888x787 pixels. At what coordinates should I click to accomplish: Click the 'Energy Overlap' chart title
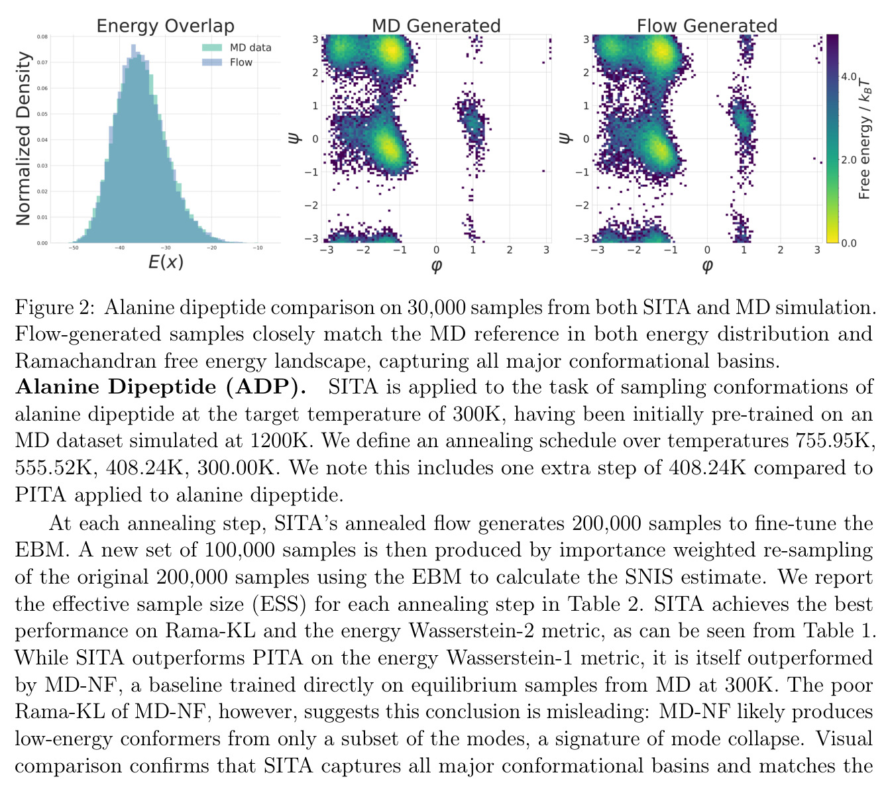(x=165, y=26)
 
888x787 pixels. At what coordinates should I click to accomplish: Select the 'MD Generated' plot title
(x=436, y=26)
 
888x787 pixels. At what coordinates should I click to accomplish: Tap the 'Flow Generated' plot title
(x=707, y=26)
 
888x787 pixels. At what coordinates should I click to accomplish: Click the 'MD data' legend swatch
(x=211, y=47)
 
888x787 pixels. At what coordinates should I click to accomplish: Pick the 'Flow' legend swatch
(x=211, y=62)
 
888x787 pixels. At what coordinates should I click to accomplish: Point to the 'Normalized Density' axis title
(x=23, y=138)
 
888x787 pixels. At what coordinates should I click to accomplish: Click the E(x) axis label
(x=166, y=262)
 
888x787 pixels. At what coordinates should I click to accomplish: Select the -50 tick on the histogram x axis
(x=73, y=248)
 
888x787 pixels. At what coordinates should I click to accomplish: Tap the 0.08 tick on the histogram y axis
(x=42, y=37)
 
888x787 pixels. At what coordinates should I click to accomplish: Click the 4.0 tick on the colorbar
(x=848, y=77)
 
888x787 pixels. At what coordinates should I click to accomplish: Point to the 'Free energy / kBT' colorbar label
(x=864, y=138)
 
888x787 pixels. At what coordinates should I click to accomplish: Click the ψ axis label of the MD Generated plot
(x=295, y=138)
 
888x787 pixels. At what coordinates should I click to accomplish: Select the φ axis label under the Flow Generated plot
(x=707, y=266)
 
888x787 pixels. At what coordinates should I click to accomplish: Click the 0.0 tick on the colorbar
(x=848, y=243)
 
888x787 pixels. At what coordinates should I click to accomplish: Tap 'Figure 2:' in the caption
(x=55, y=307)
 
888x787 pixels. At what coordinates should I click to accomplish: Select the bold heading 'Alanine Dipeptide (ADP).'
(x=160, y=387)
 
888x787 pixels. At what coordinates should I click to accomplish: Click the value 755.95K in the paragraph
(x=834, y=441)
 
